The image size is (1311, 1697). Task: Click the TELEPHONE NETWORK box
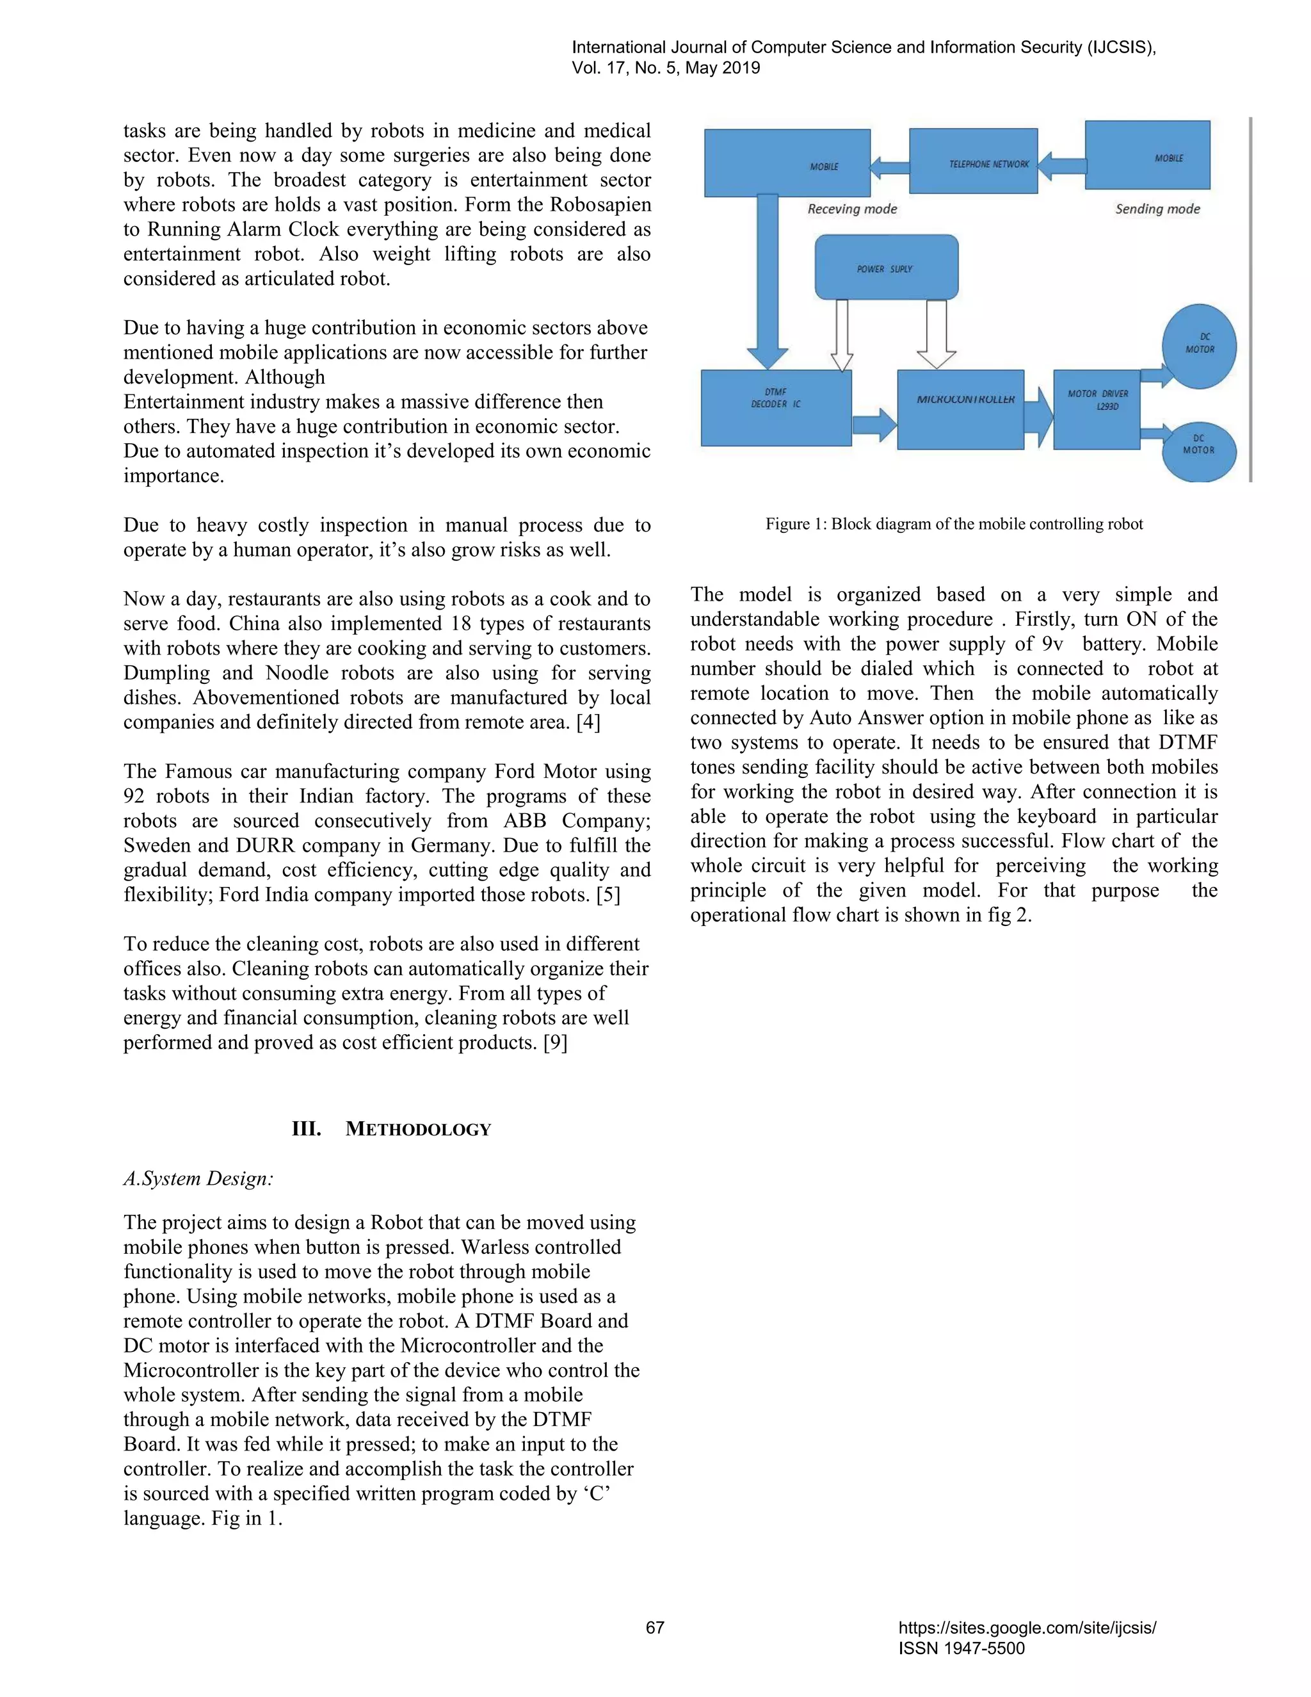tap(972, 161)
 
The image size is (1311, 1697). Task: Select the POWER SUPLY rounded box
tap(885, 268)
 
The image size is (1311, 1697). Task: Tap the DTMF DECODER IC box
tap(775, 408)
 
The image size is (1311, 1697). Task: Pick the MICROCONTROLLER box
tap(960, 409)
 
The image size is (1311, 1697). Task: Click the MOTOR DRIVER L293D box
tap(1096, 409)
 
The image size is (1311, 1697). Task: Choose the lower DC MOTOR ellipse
tap(1198, 451)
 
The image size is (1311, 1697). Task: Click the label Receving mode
tap(851, 209)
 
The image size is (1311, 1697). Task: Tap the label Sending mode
tap(1157, 209)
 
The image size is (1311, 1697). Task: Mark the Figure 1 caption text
tap(954, 524)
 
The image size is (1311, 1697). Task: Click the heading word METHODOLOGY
tap(418, 1130)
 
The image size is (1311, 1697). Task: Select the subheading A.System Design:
tap(198, 1179)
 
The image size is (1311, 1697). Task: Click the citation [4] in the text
tap(588, 722)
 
